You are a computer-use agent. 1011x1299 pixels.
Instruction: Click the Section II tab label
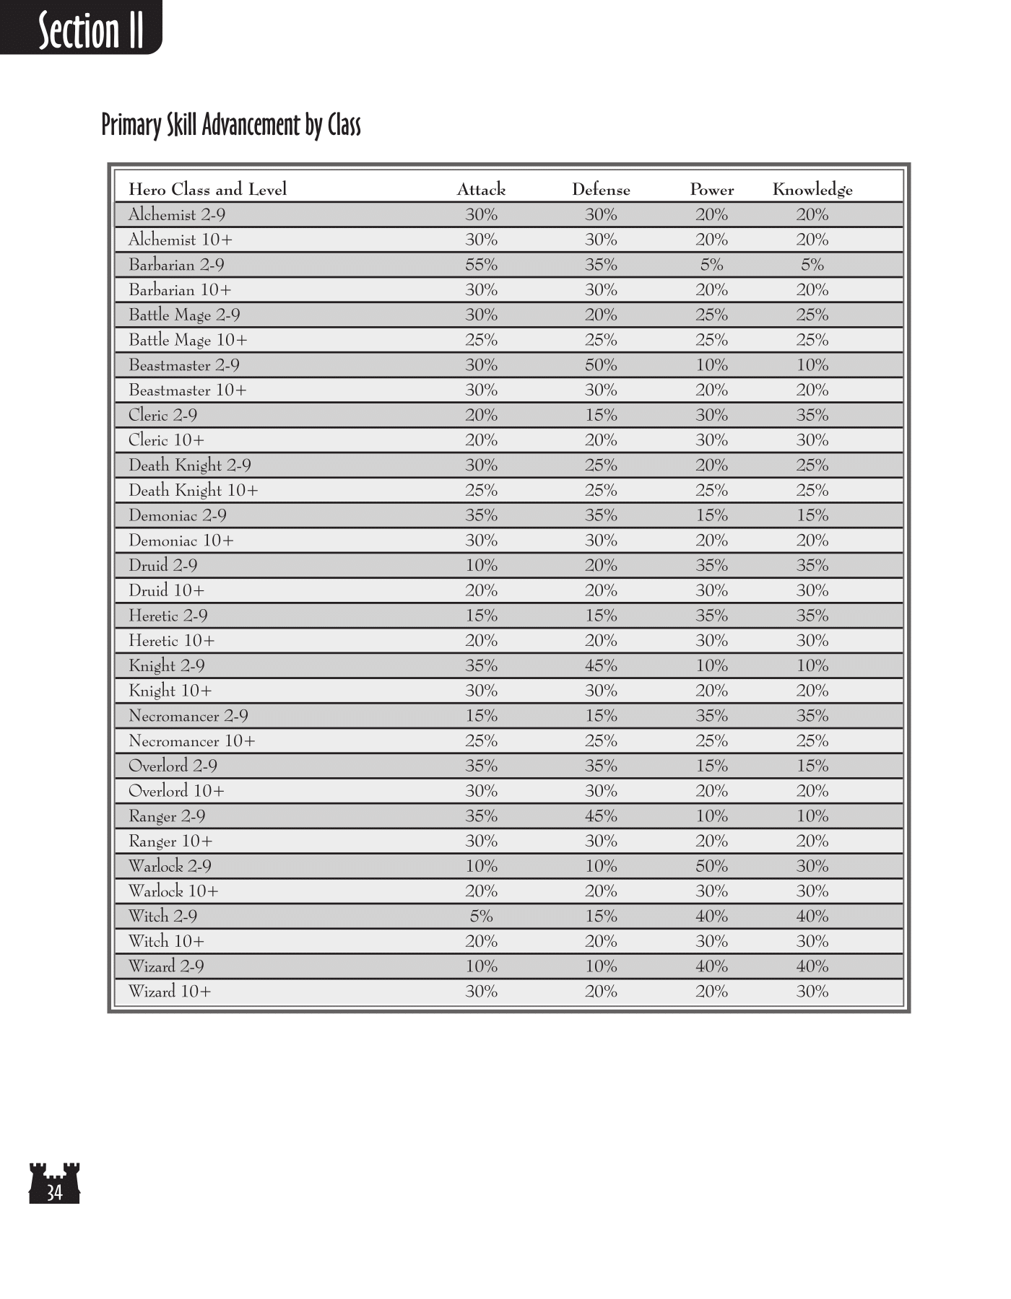coord(90,30)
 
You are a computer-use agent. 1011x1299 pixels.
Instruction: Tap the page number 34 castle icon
coord(54,1184)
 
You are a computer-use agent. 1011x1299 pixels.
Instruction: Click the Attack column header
coord(481,190)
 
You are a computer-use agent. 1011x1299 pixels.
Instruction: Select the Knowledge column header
coord(812,190)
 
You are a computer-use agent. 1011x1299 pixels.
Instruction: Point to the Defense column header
coord(601,190)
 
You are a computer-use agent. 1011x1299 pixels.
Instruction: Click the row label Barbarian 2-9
coord(176,265)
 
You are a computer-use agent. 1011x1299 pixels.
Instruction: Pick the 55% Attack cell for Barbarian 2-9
coord(481,265)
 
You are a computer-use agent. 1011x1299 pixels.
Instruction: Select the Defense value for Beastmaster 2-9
coord(601,365)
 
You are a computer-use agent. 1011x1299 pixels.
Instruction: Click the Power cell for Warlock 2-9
coord(711,866)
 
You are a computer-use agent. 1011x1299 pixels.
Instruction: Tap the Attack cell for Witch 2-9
coord(481,917)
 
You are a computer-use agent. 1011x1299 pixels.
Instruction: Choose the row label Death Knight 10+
coord(193,491)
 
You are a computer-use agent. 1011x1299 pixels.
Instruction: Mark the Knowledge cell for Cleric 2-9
coord(812,415)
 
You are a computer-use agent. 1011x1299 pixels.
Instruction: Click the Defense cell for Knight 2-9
coord(601,665)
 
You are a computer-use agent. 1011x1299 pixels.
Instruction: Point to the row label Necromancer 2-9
coord(188,716)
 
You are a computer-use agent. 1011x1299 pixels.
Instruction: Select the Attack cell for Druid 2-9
coord(481,566)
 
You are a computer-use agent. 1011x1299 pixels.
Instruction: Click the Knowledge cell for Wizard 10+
coord(812,992)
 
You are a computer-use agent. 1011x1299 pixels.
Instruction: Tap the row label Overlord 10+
coord(176,791)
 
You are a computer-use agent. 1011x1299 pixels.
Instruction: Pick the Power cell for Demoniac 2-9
coord(711,515)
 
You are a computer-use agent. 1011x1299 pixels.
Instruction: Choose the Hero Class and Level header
coord(207,190)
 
